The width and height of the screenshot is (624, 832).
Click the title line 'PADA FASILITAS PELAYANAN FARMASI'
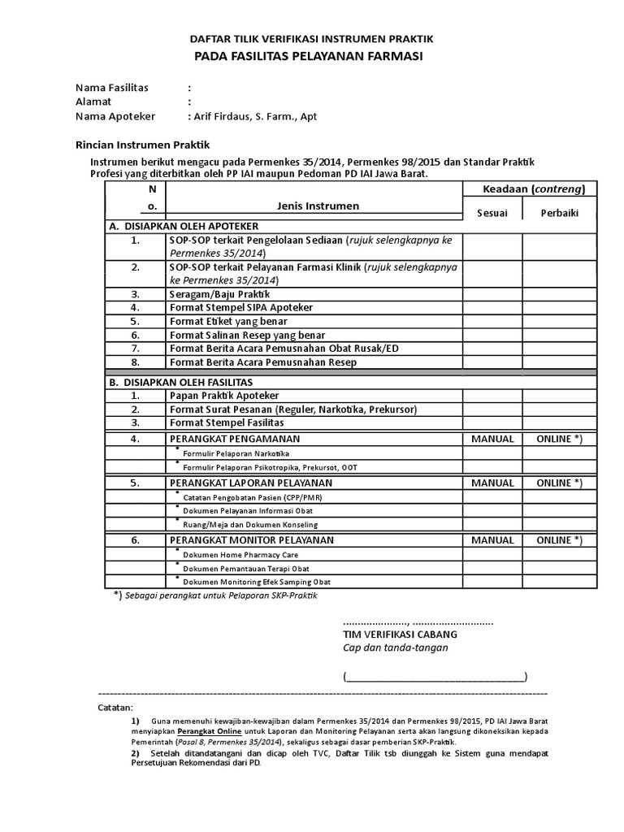(308, 56)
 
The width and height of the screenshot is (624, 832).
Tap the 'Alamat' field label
(93, 102)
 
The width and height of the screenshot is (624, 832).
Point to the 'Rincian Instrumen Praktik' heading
(143, 145)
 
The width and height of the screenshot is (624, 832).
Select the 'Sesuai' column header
(492, 213)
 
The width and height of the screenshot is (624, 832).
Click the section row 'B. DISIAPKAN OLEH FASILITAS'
(180, 382)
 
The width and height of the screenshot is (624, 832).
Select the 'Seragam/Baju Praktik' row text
(219, 294)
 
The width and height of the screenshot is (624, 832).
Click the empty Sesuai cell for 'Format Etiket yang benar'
(492, 322)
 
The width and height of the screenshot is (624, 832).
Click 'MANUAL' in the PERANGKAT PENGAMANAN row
(492, 439)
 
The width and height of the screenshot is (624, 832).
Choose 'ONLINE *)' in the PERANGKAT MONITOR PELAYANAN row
(559, 539)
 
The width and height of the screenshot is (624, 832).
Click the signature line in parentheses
(435, 676)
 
